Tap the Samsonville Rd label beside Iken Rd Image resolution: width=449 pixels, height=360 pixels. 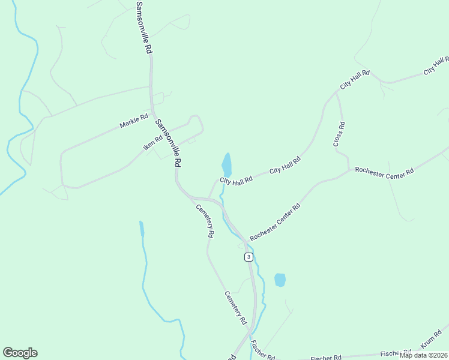click(169, 143)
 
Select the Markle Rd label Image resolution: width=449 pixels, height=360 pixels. click(133, 122)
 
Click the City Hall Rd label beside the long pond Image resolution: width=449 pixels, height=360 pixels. click(236, 181)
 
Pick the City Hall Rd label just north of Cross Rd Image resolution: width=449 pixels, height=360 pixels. click(355, 80)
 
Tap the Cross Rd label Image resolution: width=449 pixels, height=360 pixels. click(339, 134)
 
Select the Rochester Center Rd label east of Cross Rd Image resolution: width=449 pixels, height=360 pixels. click(384, 171)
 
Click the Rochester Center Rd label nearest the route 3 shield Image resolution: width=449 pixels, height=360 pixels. click(275, 222)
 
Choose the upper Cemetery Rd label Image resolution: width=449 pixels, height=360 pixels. click(205, 221)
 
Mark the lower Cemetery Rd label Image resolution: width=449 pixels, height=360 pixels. click(236, 308)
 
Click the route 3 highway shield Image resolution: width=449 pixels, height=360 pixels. click(249, 257)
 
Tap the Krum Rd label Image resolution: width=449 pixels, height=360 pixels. click(430, 340)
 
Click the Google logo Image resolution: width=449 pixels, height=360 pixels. click(20, 353)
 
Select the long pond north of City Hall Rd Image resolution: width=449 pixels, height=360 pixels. click(226, 164)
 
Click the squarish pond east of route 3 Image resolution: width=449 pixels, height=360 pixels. click(280, 280)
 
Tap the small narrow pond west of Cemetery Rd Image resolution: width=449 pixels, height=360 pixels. click(142, 229)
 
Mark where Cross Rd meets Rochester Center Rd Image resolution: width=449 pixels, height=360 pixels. click(349, 170)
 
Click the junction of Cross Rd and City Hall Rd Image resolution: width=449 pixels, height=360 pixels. click(336, 92)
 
